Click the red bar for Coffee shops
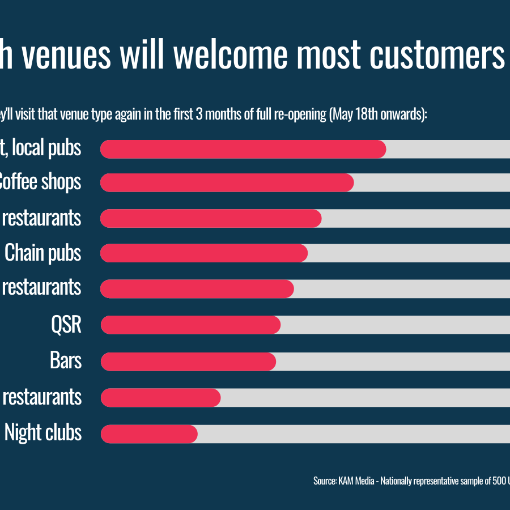tap(227, 183)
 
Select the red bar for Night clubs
tap(149, 434)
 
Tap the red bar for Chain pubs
tap(204, 253)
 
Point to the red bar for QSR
tap(190, 325)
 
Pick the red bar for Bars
tap(188, 362)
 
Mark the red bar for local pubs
tap(243, 149)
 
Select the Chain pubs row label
tap(43, 253)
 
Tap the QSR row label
tap(66, 325)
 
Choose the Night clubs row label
tap(43, 433)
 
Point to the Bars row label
tap(66, 361)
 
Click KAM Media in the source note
tap(356, 481)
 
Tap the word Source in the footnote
tap(324, 481)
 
